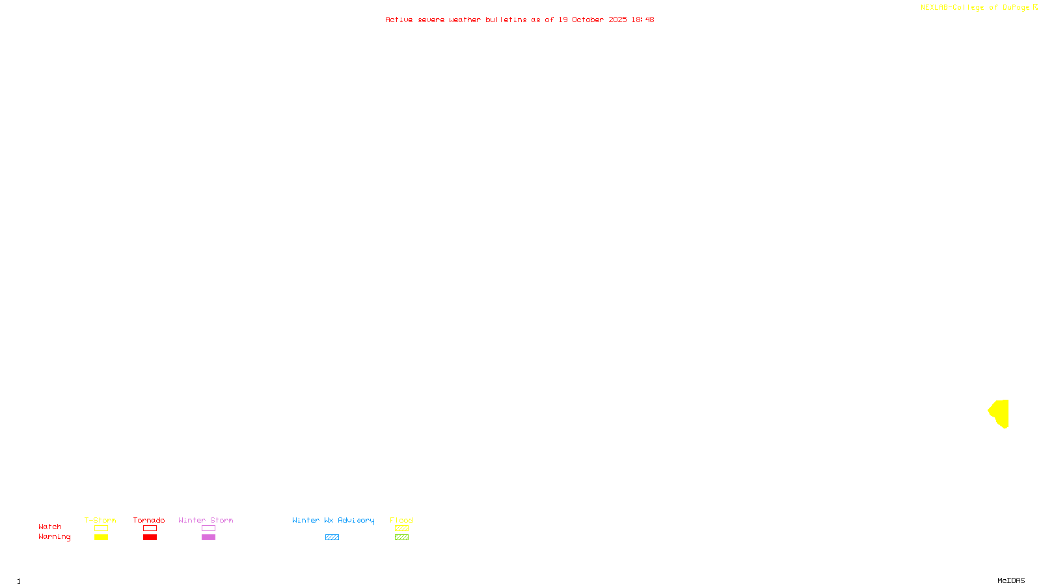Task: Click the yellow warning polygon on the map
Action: point(1001,413)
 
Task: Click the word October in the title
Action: point(588,19)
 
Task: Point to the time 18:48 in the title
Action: point(642,19)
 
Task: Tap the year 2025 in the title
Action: point(617,19)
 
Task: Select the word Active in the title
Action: point(398,19)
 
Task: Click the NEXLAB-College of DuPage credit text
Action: point(975,7)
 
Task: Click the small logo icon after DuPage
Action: point(1035,7)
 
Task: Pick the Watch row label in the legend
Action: point(50,526)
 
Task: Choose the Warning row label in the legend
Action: point(54,537)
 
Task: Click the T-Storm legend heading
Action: point(100,520)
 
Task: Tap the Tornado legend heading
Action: point(149,520)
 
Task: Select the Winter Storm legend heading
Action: point(206,520)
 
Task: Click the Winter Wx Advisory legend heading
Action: point(333,520)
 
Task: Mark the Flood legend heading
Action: point(401,520)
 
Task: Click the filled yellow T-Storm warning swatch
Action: point(101,538)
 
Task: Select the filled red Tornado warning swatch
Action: point(150,538)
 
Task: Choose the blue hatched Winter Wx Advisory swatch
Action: point(332,538)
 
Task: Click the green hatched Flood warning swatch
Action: point(401,538)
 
